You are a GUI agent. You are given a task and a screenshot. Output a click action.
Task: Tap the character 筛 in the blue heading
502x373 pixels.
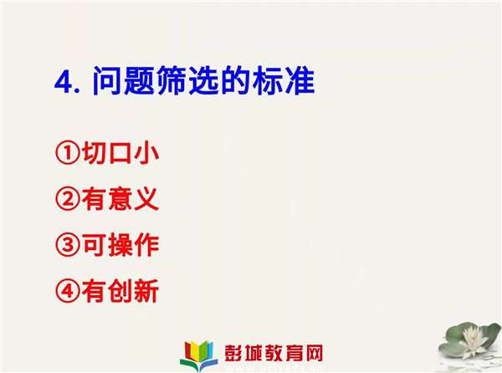172,80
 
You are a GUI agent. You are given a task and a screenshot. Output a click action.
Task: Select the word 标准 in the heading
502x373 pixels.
284,80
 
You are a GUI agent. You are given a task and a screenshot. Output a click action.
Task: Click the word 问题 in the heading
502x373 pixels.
124,80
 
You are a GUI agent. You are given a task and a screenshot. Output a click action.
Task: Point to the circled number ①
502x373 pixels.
68,153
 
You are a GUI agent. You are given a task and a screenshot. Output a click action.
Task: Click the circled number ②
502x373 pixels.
68,199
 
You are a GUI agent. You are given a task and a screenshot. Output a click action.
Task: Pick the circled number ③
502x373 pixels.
68,245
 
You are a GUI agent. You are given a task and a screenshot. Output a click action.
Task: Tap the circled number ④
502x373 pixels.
68,291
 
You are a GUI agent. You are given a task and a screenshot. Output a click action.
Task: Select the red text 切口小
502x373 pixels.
120,153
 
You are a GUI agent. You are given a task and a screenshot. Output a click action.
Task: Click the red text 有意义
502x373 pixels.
120,199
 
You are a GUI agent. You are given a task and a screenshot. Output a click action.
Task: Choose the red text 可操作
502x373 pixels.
120,245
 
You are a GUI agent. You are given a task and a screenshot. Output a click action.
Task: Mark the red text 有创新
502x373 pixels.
120,291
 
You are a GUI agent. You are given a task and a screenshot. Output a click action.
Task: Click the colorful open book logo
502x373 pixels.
199,355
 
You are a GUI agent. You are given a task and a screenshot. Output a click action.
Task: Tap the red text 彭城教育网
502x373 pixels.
274,353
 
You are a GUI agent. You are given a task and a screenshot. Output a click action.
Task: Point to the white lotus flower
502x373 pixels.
472,339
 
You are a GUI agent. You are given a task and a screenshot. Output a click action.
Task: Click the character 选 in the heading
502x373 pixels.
204,80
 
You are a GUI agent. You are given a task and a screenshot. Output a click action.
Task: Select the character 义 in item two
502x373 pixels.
146,199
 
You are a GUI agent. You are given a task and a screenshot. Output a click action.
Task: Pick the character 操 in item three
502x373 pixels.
120,245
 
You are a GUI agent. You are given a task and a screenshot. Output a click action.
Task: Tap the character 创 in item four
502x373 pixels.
120,291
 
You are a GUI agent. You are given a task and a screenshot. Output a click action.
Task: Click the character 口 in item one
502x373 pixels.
120,154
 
